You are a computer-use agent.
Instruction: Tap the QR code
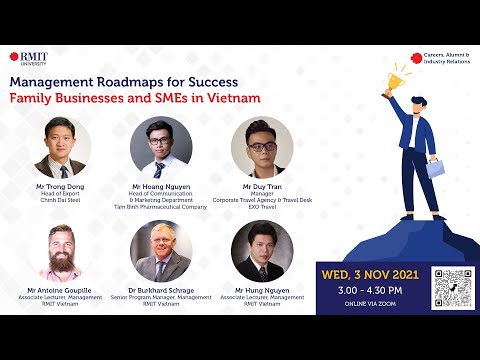(452, 287)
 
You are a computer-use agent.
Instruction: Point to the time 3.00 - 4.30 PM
(371, 289)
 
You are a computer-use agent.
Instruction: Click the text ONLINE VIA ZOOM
(371, 303)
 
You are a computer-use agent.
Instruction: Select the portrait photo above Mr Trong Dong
(61, 147)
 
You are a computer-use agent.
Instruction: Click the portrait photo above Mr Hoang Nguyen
(160, 147)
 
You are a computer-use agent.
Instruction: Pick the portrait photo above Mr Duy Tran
(262, 147)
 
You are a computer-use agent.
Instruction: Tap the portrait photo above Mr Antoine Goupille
(61, 252)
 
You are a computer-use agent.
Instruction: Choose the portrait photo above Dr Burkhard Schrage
(160, 252)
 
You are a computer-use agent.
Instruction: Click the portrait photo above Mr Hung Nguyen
(262, 252)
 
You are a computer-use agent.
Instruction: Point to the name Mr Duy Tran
(262, 186)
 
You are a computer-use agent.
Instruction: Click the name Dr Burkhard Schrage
(160, 290)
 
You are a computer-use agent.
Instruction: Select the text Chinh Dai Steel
(61, 200)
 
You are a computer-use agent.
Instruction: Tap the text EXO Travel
(262, 207)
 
